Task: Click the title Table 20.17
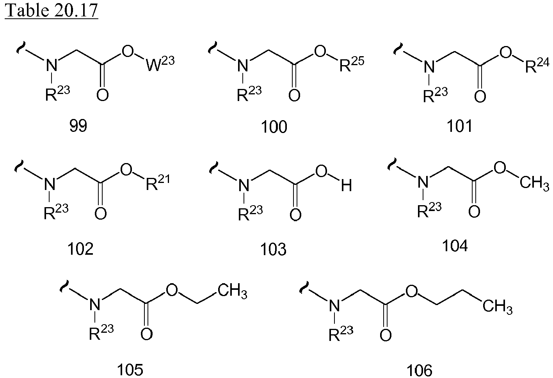52,10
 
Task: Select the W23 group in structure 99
160,64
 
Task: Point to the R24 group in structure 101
537,65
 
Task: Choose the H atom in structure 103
347,186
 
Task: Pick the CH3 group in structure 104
534,183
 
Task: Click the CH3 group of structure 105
232,290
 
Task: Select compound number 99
78,126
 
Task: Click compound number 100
274,127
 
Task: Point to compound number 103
273,249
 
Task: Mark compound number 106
419,371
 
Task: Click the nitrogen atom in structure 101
429,67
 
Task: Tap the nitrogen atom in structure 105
95,304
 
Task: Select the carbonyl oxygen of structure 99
103,95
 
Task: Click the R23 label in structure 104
429,210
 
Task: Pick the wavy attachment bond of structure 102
19,165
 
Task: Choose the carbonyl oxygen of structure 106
386,335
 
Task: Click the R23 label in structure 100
249,93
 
